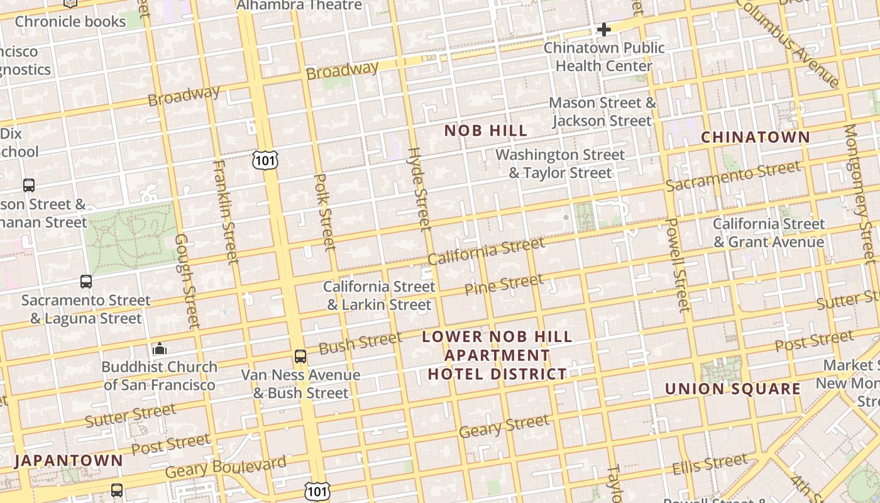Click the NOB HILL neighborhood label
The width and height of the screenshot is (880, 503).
[485, 131]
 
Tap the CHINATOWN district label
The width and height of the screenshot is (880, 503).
[755, 137]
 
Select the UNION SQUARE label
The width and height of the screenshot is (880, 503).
[733, 389]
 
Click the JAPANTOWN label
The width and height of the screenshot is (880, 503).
[69, 460]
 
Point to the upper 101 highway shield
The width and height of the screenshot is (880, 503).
[265, 161]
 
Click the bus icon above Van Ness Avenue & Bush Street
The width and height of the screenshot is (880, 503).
[300, 357]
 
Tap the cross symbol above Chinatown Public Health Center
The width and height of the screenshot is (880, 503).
[604, 30]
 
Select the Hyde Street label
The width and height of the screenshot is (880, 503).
[419, 189]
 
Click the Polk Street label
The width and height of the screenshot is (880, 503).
[324, 212]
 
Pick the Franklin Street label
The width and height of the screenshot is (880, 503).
[225, 211]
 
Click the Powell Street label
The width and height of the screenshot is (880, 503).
[676, 265]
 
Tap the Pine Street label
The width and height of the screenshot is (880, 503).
[503, 284]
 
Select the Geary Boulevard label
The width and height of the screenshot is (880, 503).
[226, 468]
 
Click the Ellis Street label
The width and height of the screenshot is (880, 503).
[710, 466]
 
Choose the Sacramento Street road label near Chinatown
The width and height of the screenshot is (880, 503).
[733, 176]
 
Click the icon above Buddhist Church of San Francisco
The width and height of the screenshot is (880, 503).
[160, 349]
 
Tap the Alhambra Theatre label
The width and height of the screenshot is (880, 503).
[299, 6]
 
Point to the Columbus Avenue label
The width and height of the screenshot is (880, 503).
[791, 42]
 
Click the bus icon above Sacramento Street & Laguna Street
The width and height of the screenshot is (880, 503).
[86, 282]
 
